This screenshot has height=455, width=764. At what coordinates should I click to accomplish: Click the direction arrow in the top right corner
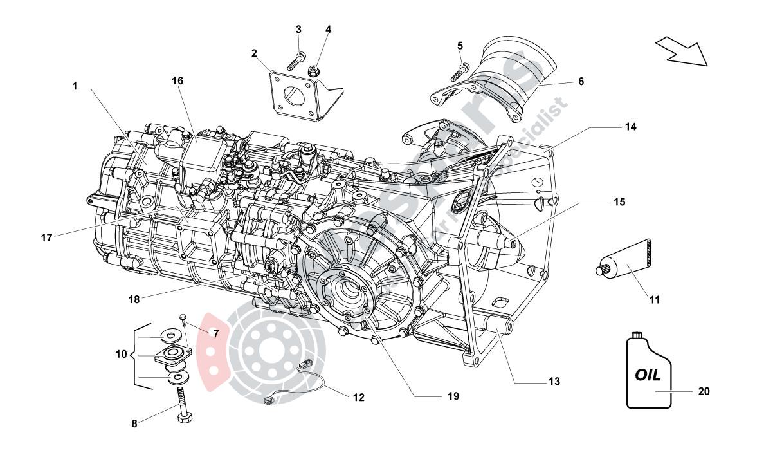click(682, 51)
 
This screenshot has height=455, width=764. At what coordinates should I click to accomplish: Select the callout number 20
click(704, 391)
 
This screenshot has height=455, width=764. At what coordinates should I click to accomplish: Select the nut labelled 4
click(316, 70)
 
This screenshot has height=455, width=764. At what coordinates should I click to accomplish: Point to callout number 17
click(47, 237)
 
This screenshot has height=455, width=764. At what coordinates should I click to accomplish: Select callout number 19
click(453, 397)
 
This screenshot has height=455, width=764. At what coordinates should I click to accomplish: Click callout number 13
click(554, 382)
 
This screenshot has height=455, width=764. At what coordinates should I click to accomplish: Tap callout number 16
click(177, 80)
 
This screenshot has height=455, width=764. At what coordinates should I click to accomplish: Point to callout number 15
click(618, 202)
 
